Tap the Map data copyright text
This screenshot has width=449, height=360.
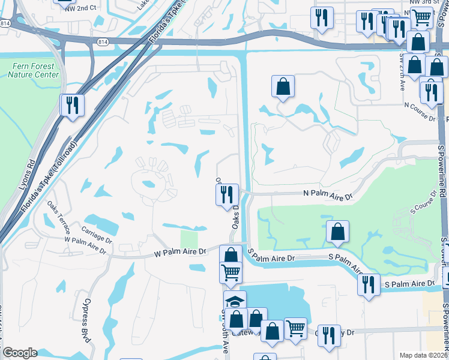tap(424, 355)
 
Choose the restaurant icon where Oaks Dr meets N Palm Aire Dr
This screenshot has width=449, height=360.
tap(227, 194)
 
